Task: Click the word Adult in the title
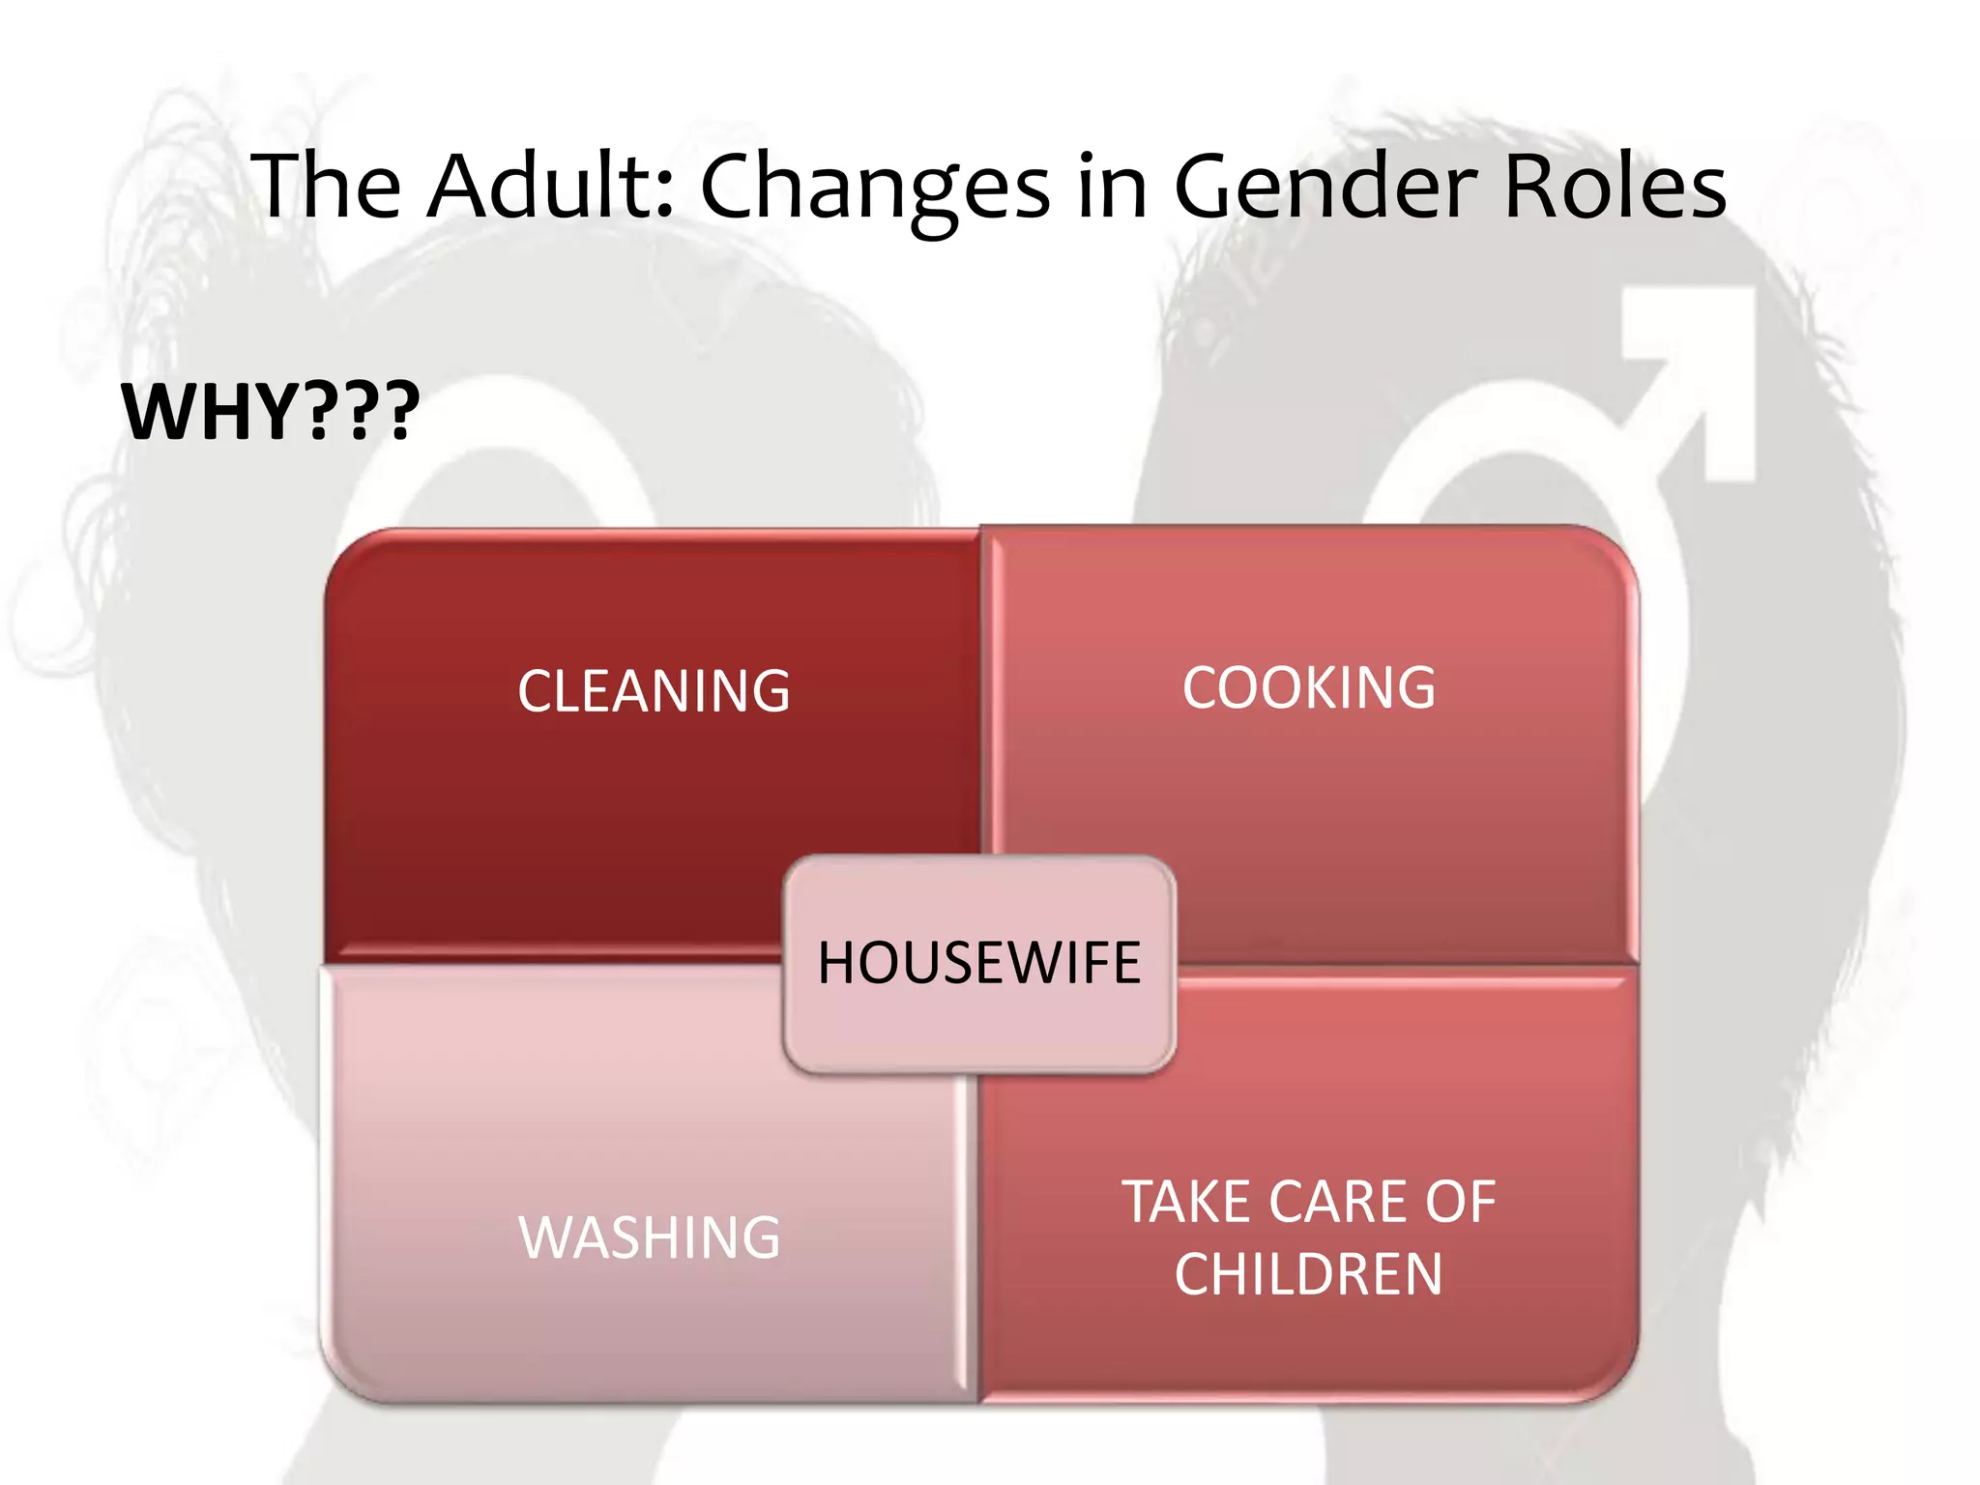pos(545,186)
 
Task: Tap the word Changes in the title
pos(874,188)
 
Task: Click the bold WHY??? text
pos(271,412)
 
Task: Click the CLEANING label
pos(654,691)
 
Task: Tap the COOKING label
pos(1309,688)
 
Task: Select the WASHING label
pos(650,1237)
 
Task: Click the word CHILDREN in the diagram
pos(1309,1274)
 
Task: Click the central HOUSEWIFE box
pos(979,964)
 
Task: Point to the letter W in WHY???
pos(160,412)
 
